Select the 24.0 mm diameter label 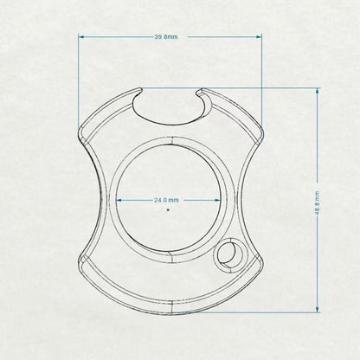click(168, 199)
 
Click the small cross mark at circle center click(168, 209)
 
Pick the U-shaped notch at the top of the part click(170, 103)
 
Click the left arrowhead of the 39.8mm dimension click(82, 37)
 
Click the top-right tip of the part click(202, 89)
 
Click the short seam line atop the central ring click(170, 140)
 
